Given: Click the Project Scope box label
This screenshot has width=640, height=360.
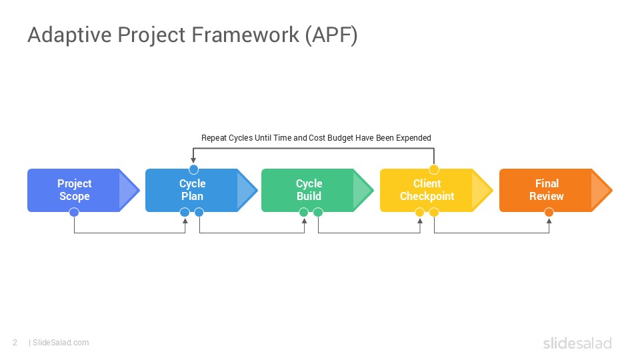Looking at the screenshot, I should (x=74, y=190).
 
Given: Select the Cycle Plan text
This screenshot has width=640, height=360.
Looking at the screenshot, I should (x=192, y=190).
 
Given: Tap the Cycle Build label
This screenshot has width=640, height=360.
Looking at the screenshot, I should (x=309, y=190).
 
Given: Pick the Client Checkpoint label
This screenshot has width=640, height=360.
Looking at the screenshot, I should (x=427, y=190).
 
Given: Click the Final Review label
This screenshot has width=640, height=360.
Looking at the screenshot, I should (x=546, y=190).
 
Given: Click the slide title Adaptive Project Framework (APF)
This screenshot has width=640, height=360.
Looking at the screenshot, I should (x=192, y=35).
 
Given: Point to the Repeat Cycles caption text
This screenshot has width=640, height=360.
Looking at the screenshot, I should (x=316, y=138).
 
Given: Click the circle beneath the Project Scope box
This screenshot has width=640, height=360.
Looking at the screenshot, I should (x=74, y=213).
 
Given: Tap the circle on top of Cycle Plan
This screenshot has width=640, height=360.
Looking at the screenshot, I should (x=193, y=169).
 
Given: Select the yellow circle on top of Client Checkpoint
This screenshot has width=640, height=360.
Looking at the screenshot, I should (x=433, y=169).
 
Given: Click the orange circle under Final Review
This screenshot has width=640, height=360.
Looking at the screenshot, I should (x=549, y=213).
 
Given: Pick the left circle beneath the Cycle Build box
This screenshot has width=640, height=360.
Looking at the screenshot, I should (x=304, y=213).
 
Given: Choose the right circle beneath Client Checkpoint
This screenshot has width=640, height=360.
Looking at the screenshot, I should (x=434, y=213).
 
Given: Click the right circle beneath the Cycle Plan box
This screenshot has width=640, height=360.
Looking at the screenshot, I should (x=199, y=213).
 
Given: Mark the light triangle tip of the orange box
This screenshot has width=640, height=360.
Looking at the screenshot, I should (x=599, y=191).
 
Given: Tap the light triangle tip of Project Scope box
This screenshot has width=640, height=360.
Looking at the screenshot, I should (x=127, y=191).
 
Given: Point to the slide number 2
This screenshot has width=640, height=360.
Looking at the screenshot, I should (x=15, y=343).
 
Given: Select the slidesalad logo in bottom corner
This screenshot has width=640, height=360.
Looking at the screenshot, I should (x=577, y=343).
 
